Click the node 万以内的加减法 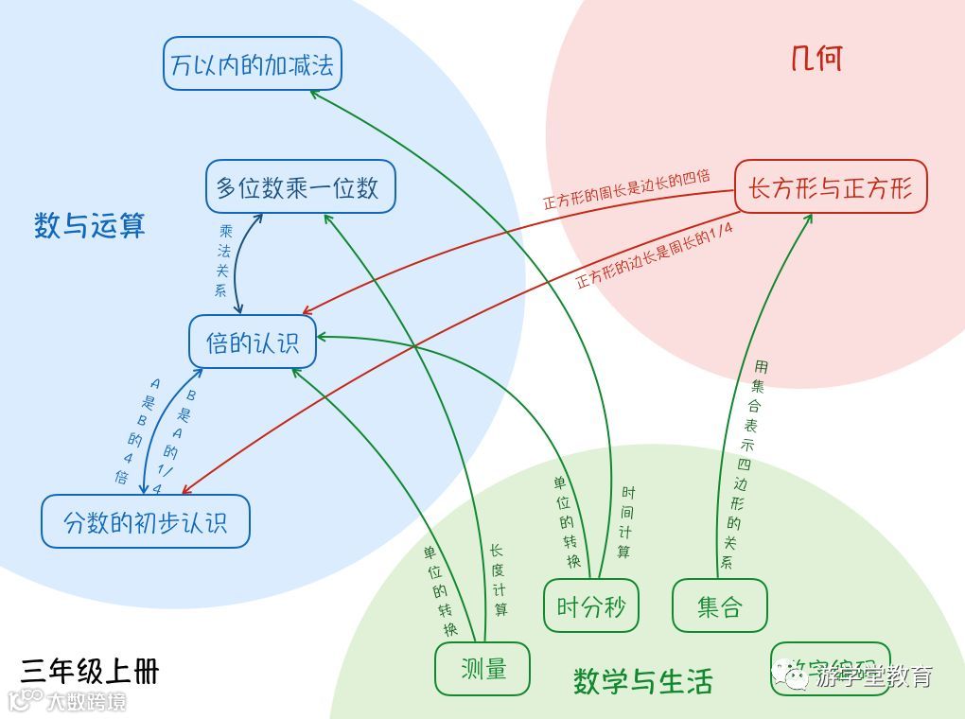252,64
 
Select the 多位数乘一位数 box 300,186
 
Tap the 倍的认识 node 252,342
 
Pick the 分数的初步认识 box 145,521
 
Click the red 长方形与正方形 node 831,187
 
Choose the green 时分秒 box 590,605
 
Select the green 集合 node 719,605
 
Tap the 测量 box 482,669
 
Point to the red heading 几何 816,59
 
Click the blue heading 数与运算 90,225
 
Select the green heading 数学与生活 642,681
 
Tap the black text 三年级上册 90,671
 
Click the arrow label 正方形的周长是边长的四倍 625,188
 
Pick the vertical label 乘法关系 223,260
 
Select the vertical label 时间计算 625,521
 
